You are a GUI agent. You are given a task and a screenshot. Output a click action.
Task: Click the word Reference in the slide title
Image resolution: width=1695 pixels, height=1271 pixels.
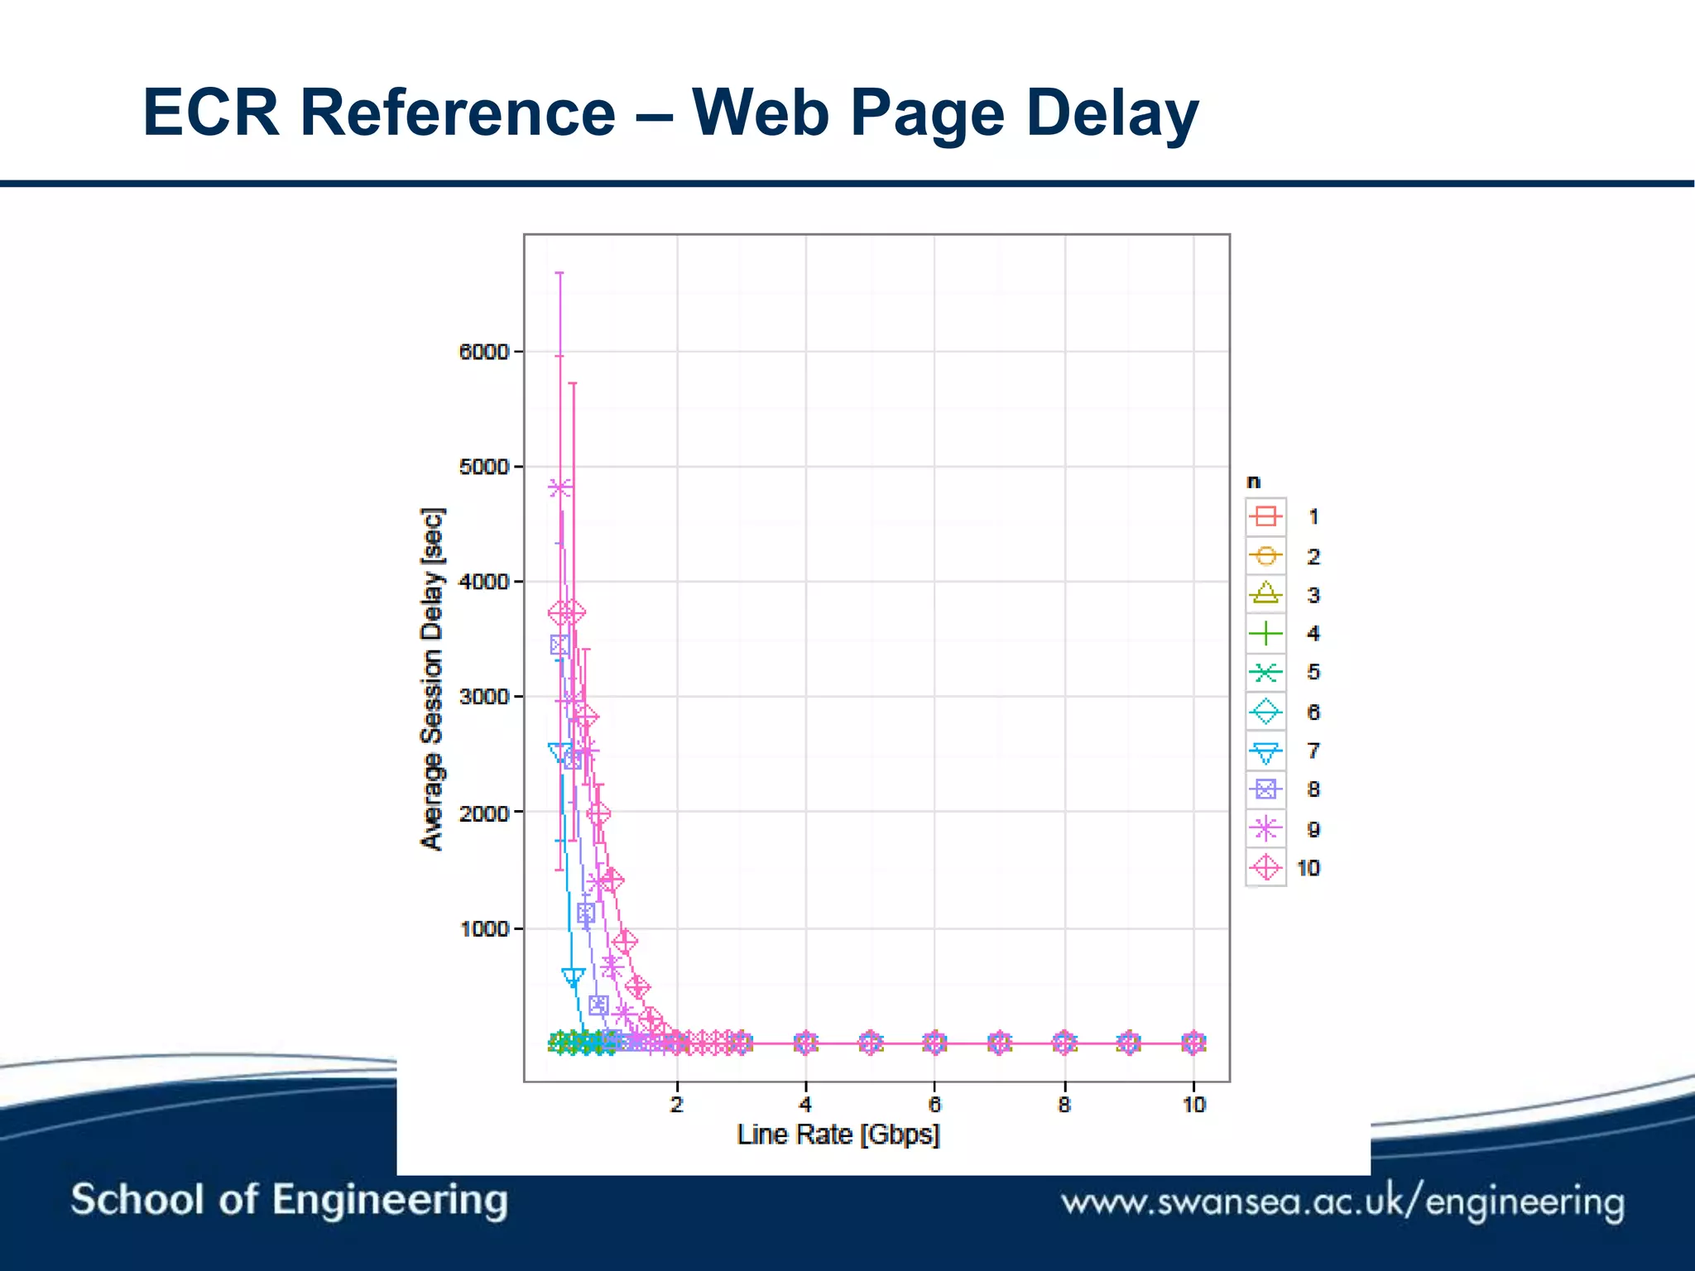click(458, 113)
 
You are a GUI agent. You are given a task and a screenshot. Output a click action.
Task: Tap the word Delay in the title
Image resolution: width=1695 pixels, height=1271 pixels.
click(1112, 113)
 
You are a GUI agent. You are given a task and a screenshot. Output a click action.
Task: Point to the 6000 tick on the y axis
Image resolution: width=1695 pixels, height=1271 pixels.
click(484, 352)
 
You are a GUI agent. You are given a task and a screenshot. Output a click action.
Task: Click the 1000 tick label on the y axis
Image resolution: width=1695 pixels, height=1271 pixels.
click(484, 928)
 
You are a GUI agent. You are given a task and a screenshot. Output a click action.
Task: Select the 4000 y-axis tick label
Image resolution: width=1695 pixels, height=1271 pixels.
click(484, 582)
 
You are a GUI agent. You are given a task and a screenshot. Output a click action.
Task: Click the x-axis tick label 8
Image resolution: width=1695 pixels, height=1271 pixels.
click(1064, 1105)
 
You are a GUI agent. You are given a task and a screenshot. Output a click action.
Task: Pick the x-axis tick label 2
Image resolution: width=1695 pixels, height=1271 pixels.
click(677, 1105)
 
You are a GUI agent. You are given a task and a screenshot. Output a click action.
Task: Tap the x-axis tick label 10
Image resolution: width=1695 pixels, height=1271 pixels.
click(1193, 1105)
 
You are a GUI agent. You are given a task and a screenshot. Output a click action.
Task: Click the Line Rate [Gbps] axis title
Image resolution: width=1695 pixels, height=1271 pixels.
click(838, 1134)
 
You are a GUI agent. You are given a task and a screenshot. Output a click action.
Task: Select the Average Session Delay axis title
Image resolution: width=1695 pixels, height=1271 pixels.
click(432, 679)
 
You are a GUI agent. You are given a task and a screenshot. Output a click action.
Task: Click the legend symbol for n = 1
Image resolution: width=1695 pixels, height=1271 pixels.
click(1265, 517)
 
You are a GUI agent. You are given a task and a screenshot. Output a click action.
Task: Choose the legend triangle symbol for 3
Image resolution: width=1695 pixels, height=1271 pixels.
click(1265, 594)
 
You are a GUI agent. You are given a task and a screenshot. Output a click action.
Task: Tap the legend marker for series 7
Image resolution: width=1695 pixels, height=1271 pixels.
click(1265, 751)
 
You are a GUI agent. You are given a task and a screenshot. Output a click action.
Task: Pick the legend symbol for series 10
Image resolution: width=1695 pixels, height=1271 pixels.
click(1265, 868)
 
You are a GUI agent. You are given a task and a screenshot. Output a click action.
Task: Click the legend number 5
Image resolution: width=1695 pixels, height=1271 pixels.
click(1313, 672)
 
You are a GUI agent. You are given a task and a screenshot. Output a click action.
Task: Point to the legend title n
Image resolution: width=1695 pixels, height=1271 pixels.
click(1254, 482)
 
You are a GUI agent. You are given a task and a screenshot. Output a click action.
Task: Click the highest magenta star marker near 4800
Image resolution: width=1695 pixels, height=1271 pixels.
click(559, 488)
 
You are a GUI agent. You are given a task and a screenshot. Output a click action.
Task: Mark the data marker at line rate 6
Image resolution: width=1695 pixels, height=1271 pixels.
click(934, 1043)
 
